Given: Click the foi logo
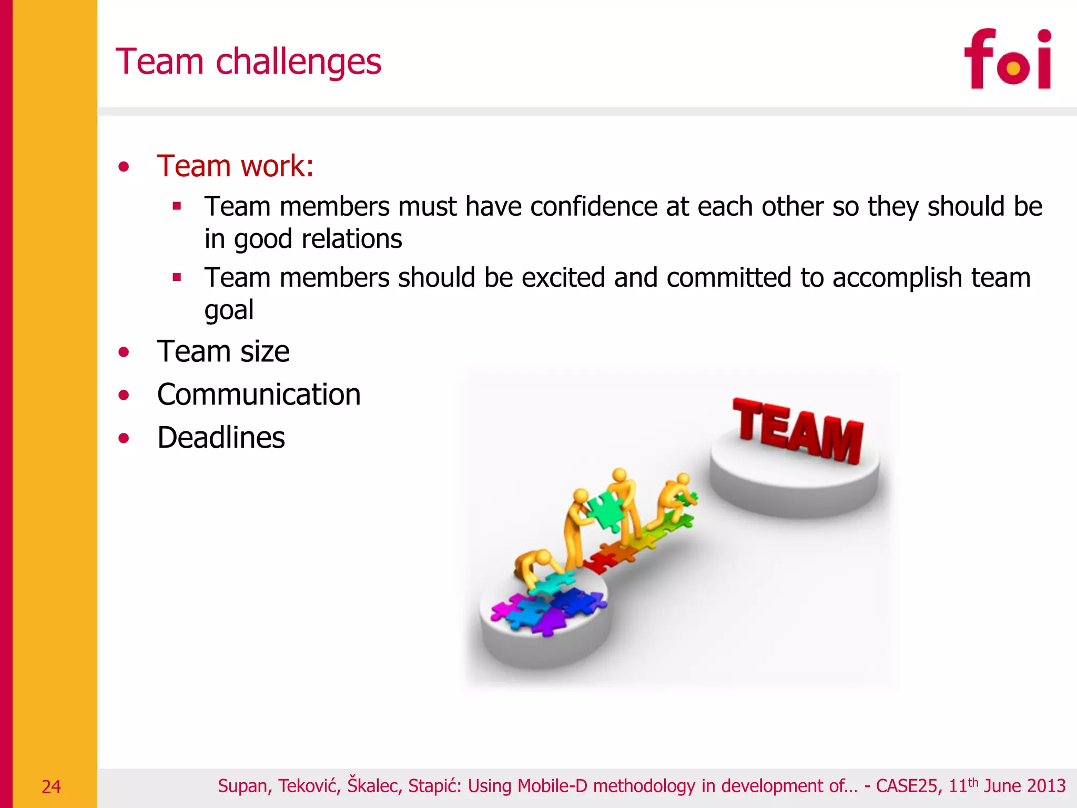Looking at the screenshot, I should pos(1008,59).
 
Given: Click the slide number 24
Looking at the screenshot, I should pos(51,787).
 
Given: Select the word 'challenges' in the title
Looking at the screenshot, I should pos(298,63).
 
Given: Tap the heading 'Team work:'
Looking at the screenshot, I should pos(235,166).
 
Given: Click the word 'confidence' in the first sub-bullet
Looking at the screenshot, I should pos(594,206).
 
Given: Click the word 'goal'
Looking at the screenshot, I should pos(229,310).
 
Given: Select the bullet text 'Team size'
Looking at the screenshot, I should pos(223,351).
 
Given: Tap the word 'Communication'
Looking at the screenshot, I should pos(259,395).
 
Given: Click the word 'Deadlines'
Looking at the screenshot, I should pos(221,438).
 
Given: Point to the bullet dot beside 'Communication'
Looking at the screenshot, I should pos(124,395).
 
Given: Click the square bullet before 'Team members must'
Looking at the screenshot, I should pos(177,206).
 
